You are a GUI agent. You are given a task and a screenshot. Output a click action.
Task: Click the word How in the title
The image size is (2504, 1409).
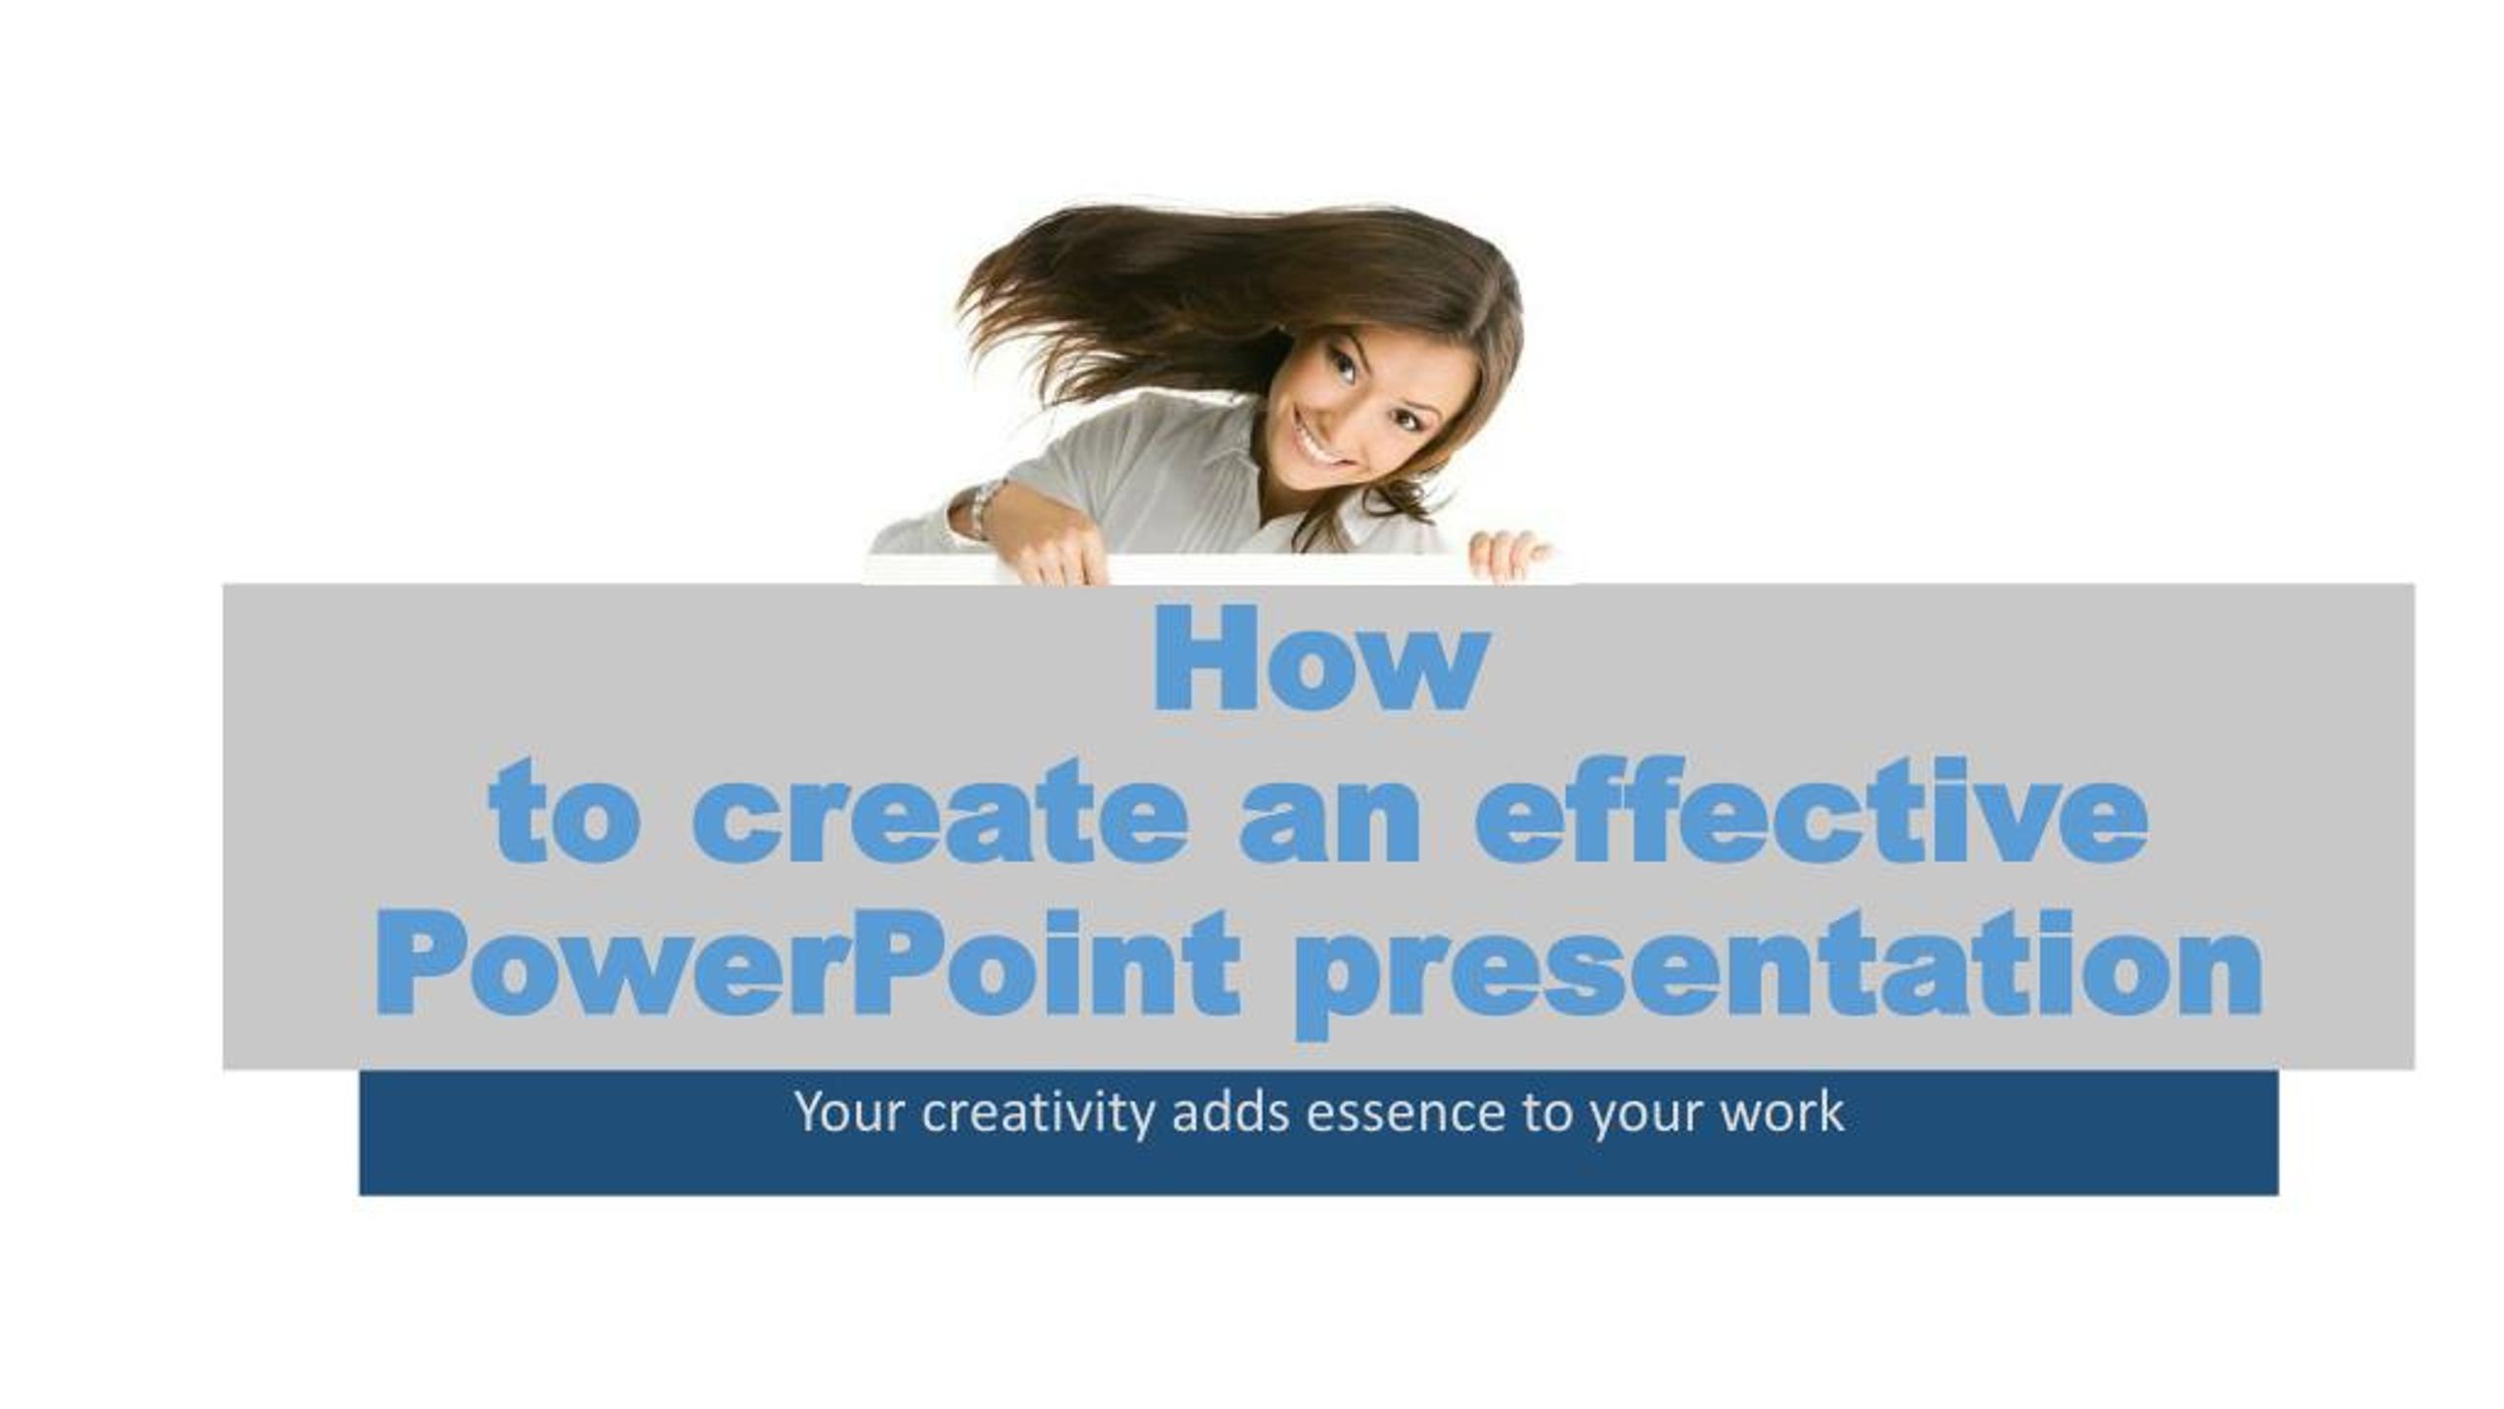(1320, 658)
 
